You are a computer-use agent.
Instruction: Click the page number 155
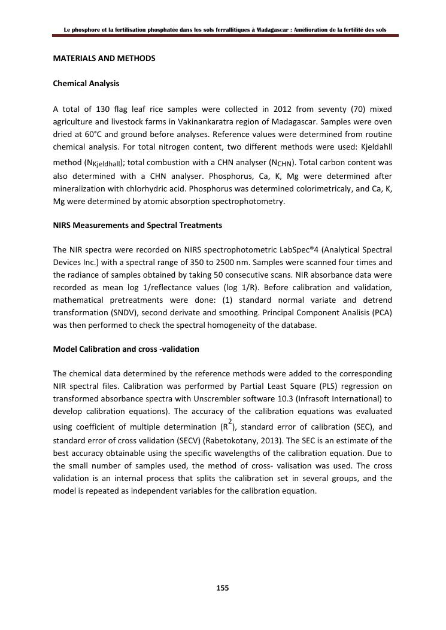pos(222,588)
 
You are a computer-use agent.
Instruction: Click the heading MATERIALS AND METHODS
pos(104,58)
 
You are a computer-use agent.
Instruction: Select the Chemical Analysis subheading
pos(86,83)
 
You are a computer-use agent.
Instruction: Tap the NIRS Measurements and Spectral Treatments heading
pos(138,225)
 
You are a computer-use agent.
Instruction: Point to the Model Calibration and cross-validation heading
pos(126,349)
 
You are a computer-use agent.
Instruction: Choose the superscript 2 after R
pos(229,421)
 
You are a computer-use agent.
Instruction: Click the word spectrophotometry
pos(247,202)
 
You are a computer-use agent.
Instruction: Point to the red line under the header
pos(225,36)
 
